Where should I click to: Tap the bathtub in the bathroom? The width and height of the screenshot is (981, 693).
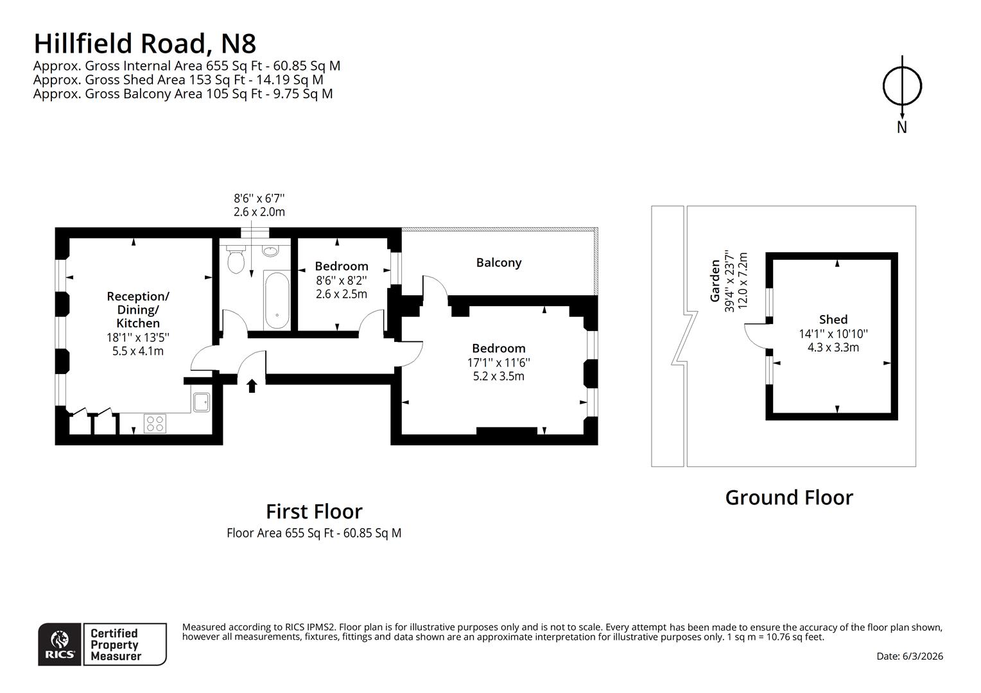[x=277, y=300]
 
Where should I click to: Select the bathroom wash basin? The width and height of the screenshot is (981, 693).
[x=270, y=251]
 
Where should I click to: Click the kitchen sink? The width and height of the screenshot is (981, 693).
[x=202, y=402]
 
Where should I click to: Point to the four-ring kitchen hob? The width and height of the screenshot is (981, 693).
[x=155, y=424]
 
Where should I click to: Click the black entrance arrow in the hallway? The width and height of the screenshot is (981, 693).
[x=252, y=385]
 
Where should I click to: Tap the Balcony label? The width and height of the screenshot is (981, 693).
[x=499, y=262]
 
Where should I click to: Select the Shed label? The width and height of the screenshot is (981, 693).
[x=833, y=320]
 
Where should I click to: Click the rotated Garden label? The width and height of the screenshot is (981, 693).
[x=715, y=280]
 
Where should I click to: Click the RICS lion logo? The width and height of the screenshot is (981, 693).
[x=60, y=644]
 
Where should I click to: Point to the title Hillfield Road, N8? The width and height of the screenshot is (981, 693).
[x=145, y=44]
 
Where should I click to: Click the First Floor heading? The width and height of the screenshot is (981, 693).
[x=314, y=511]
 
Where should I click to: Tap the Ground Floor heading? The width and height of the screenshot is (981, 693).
[x=789, y=498]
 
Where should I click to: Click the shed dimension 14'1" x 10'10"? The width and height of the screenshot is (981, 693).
[x=833, y=334]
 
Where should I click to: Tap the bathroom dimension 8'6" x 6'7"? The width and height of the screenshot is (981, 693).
[x=259, y=199]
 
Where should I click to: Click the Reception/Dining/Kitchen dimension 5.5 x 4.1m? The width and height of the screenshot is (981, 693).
[x=138, y=351]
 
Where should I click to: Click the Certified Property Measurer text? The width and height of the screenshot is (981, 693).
[x=116, y=644]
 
